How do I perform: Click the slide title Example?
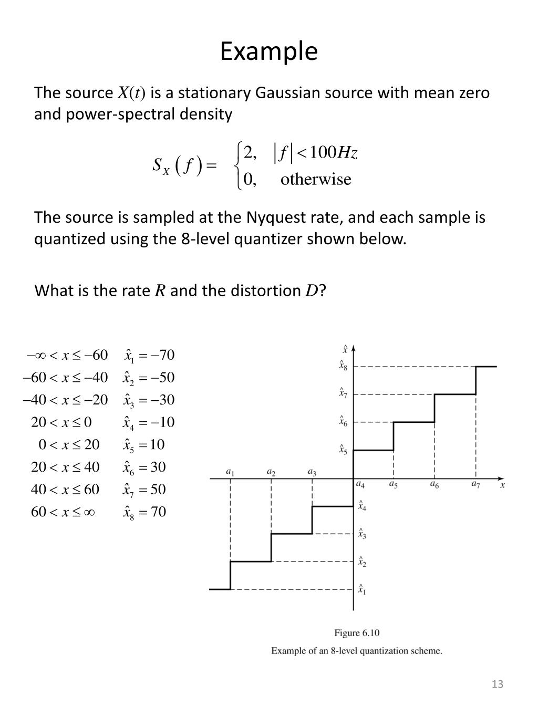pos(268,51)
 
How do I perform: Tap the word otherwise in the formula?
pos(316,180)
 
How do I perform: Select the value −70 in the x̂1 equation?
pos(163,355)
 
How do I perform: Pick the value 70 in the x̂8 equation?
pos(158,512)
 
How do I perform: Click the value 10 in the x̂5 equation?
pos(157,445)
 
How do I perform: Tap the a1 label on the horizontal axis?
pos(230,472)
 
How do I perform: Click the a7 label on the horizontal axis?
pos(475,484)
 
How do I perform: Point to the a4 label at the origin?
pos(360,484)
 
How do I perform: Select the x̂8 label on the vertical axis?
pos(343,366)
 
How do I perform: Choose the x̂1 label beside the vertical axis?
pos(362,589)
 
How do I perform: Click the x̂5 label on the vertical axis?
pos(343,449)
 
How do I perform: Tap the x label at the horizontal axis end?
pos(503,485)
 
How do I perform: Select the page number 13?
pos(497,684)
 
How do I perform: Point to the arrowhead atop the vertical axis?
pos(353,348)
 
